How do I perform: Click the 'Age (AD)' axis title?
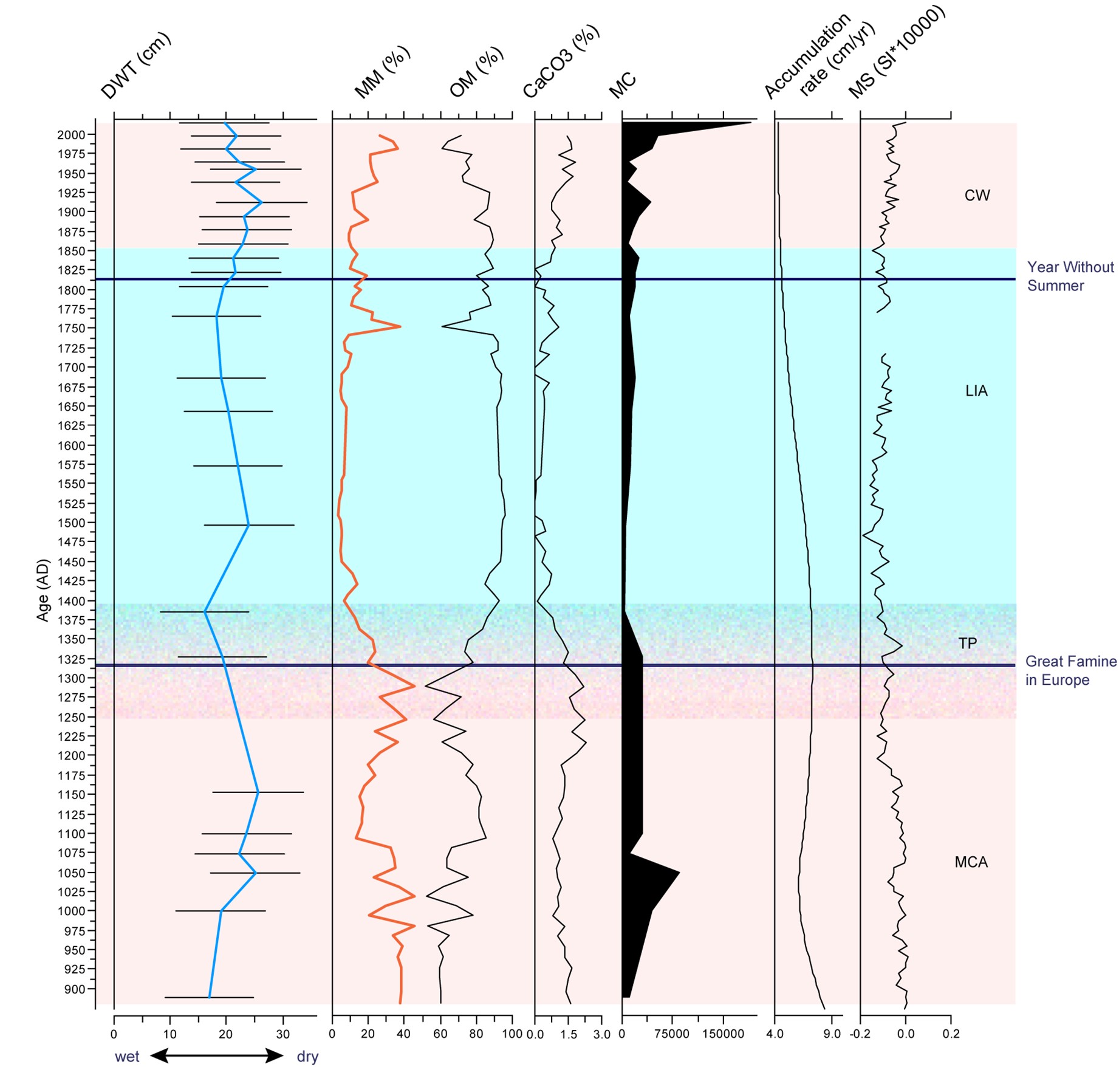click(42, 589)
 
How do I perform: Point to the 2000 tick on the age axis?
click(72, 135)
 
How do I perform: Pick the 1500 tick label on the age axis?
click(72, 523)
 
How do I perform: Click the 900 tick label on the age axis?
click(75, 989)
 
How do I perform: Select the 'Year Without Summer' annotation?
click(1070, 276)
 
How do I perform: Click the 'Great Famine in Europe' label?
click(1070, 671)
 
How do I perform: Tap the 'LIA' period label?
click(976, 391)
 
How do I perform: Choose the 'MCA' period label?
click(971, 862)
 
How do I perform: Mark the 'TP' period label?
click(967, 643)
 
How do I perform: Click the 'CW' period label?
click(977, 196)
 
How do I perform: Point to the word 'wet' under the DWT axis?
click(127, 1057)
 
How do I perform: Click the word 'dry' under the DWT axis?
click(307, 1057)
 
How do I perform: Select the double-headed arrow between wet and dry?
click(217, 1056)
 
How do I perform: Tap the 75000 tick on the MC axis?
click(671, 1034)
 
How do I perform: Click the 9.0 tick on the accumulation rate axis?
click(832, 1034)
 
